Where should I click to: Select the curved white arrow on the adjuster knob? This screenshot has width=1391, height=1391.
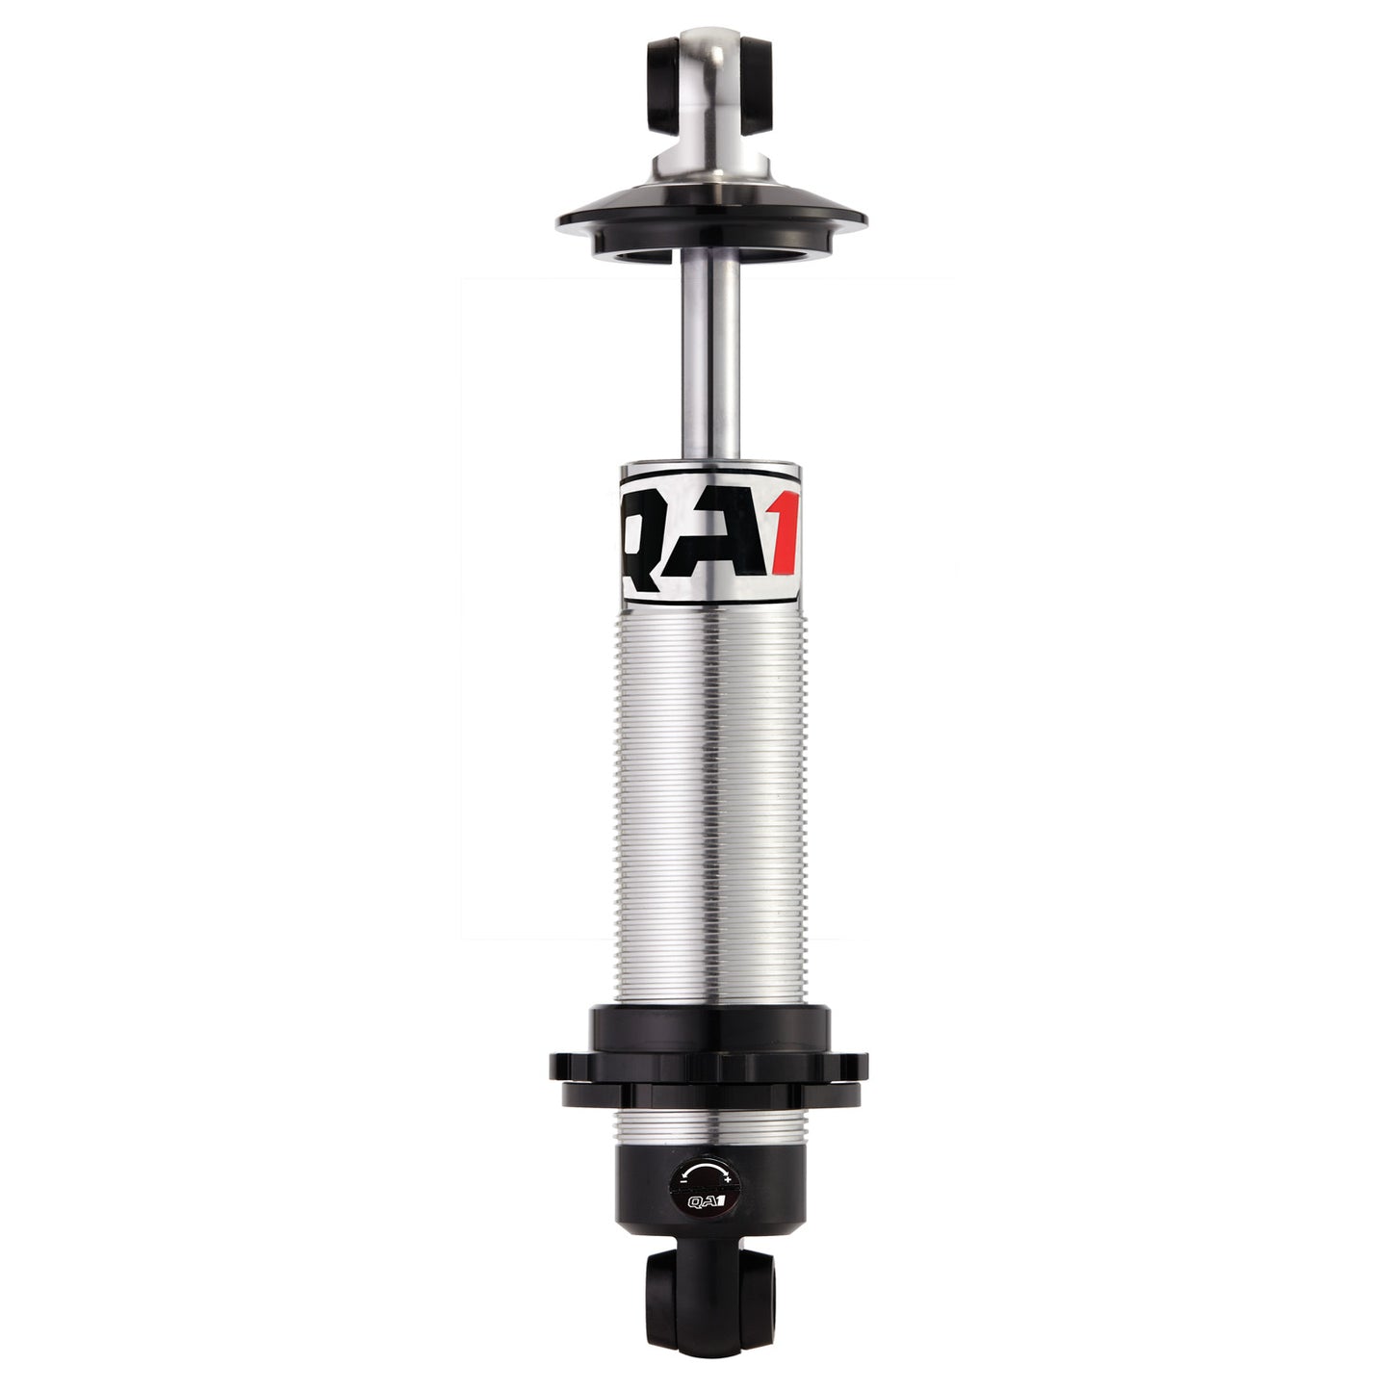[x=708, y=1170]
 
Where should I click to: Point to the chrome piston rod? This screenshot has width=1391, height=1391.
[x=708, y=366]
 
